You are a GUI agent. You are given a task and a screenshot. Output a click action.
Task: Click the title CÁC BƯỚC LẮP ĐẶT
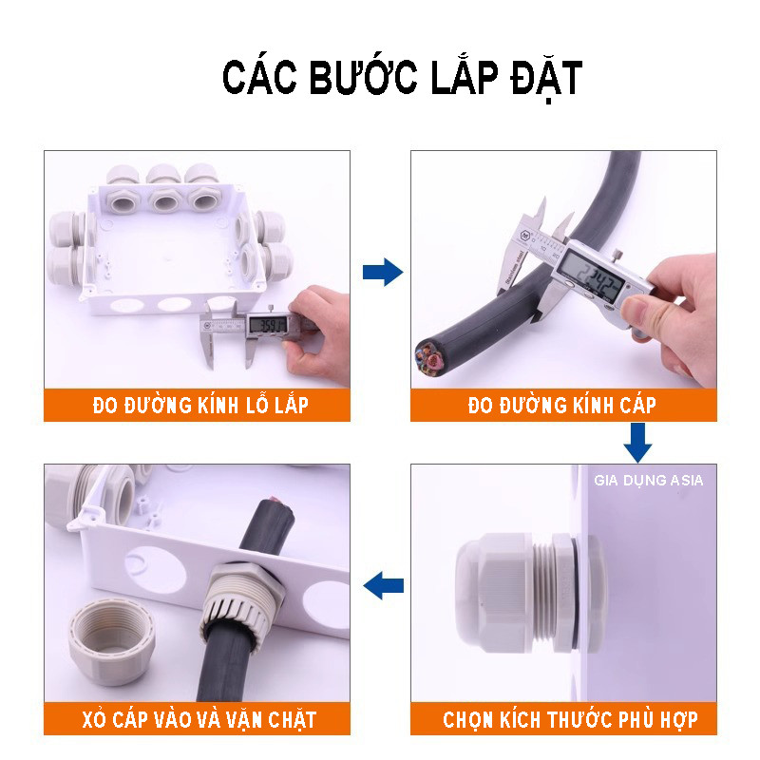[401, 79]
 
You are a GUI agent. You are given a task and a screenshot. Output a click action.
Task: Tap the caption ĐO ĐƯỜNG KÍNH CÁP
[562, 407]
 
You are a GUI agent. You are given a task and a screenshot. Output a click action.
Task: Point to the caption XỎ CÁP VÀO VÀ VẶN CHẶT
[198, 719]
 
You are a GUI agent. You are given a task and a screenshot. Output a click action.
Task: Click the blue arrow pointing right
[382, 274]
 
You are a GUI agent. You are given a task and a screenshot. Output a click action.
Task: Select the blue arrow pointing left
[384, 584]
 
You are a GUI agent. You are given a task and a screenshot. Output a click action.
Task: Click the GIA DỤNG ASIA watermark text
[649, 481]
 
